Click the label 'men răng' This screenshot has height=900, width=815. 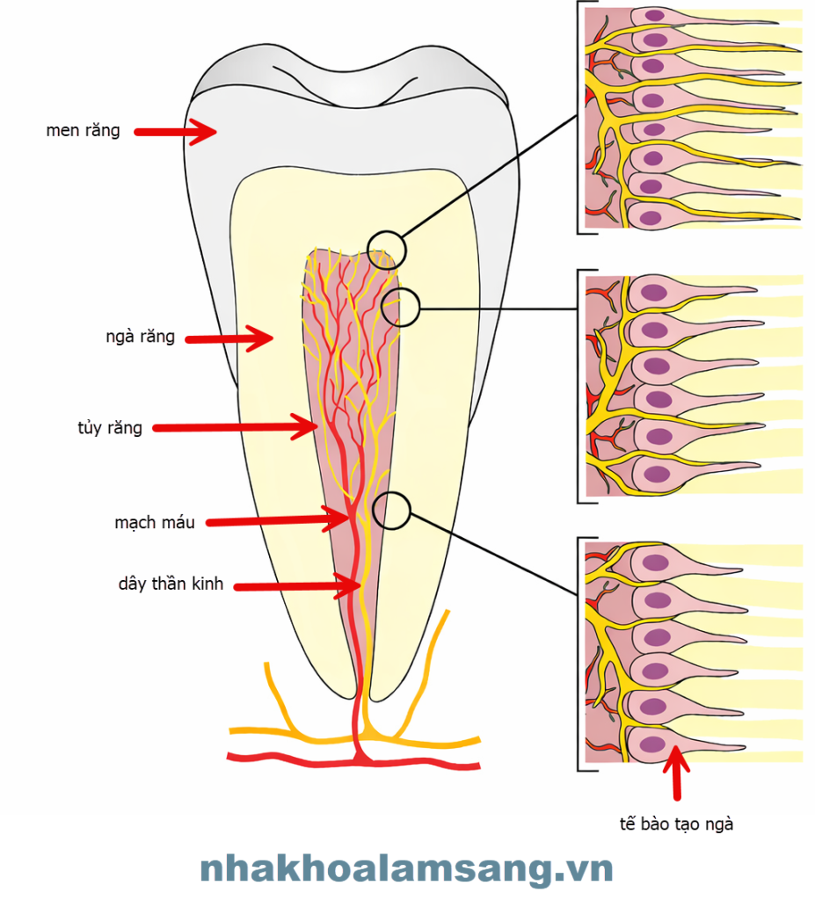pos(84,132)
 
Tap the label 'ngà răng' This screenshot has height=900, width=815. pos(140,337)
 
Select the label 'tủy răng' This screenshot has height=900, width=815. pos(110,429)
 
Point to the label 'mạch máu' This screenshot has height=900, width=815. pos(155,522)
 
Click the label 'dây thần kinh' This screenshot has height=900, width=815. pos(171,584)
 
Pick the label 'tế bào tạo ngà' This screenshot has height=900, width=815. pos(676,824)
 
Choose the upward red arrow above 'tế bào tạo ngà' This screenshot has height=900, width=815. pos(676,772)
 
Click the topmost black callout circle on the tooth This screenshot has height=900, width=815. pos(387,250)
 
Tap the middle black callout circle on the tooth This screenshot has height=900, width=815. pos(401,307)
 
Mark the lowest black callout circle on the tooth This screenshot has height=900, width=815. pos(391,510)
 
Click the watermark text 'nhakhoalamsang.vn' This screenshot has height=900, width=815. pos(406,869)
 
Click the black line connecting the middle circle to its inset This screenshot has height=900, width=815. pos(497,308)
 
